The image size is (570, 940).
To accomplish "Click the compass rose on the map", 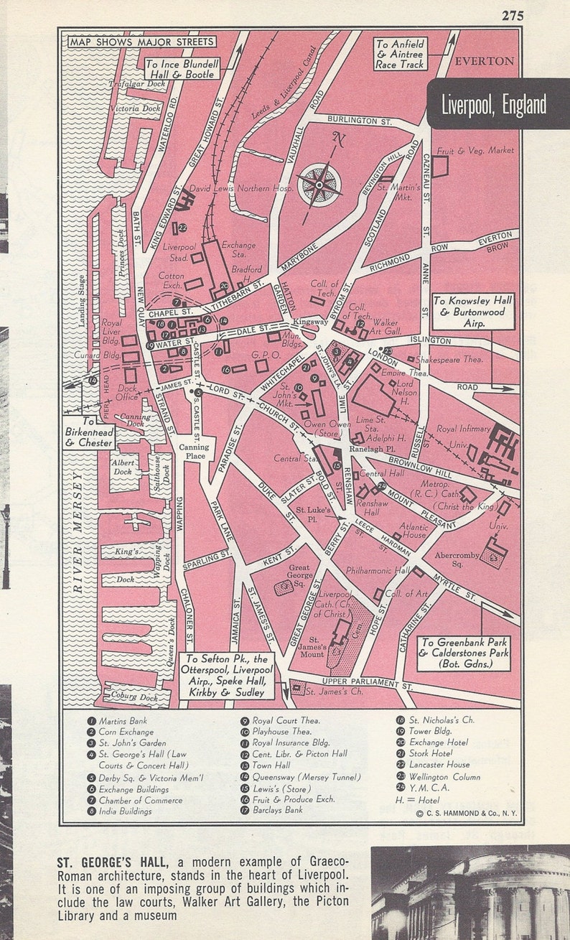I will click(x=320, y=184).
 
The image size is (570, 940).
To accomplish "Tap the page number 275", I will click(x=513, y=16).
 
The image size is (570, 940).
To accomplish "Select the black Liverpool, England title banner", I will click(x=494, y=105).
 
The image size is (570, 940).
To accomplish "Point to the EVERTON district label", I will click(x=485, y=61).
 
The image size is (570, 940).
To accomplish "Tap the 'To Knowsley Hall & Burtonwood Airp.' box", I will click(x=473, y=312).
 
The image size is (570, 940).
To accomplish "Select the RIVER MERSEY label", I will click(x=78, y=532).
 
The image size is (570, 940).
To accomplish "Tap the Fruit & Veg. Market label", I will click(x=487, y=151).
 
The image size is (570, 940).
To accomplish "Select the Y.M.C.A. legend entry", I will click(x=429, y=788).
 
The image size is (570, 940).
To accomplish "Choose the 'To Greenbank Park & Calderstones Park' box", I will click(x=464, y=653).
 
